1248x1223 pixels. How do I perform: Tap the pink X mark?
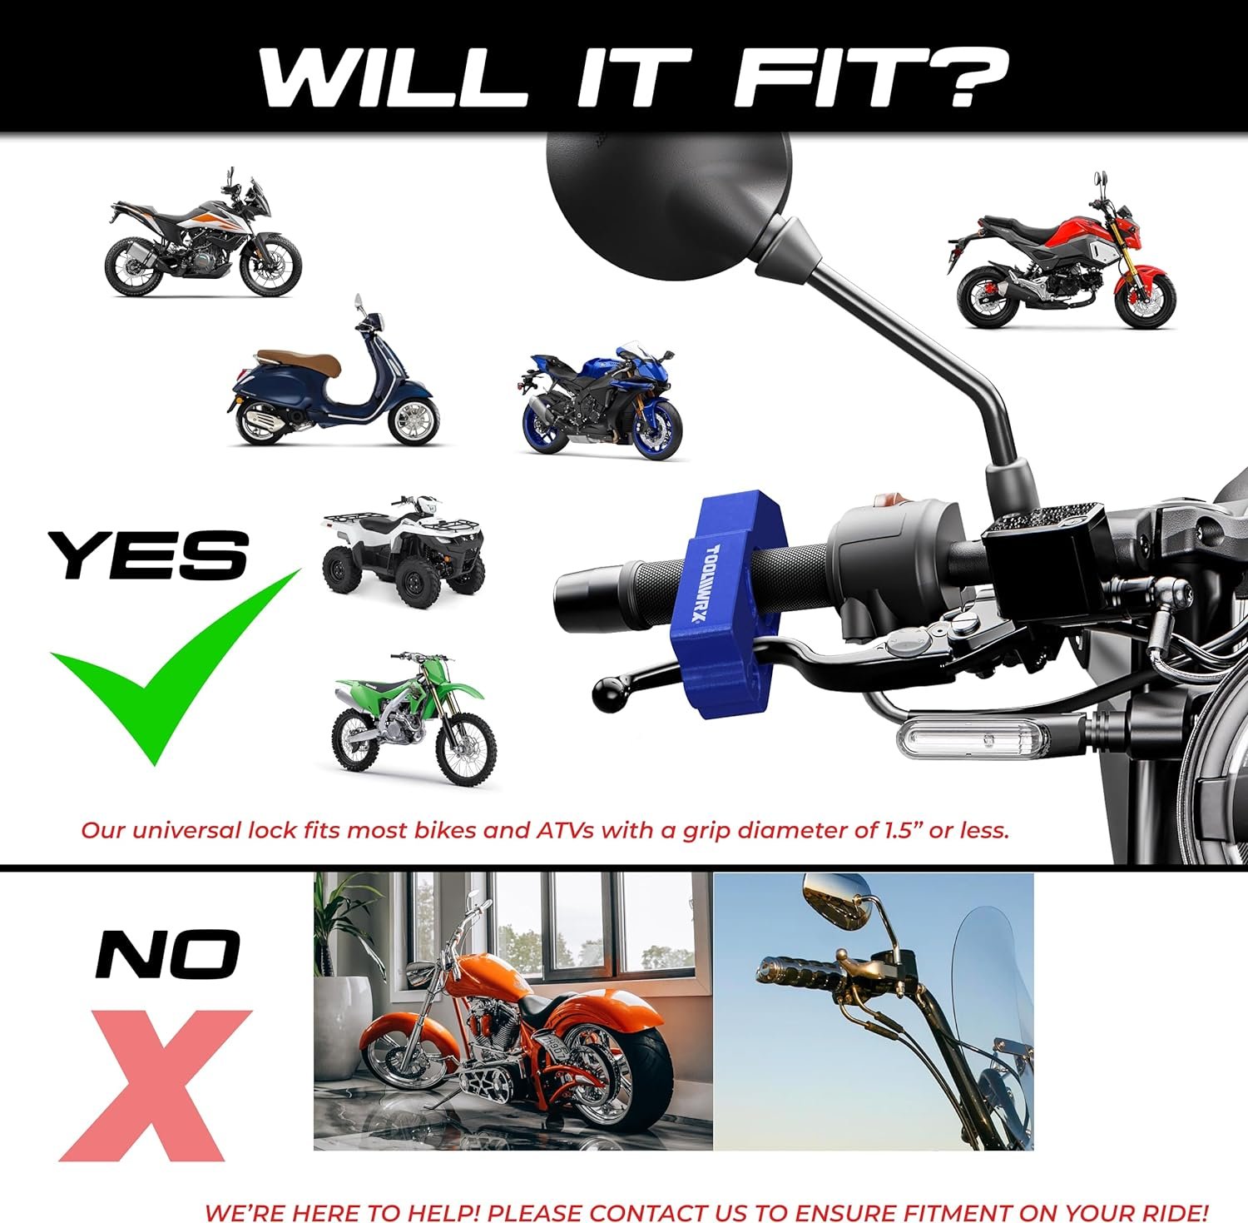155,1085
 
